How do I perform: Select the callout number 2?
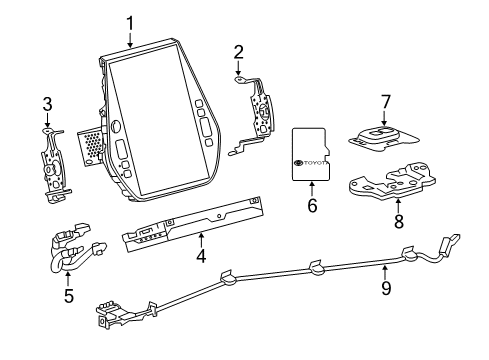(238, 52)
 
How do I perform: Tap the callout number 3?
(47, 104)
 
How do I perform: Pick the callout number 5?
(68, 295)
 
